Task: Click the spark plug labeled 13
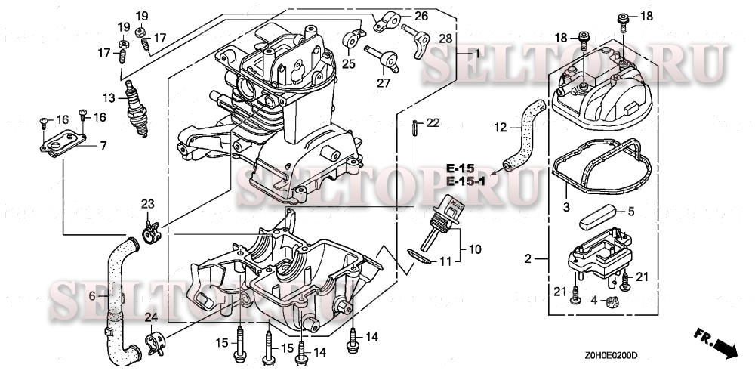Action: click(136, 107)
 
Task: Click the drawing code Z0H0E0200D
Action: click(611, 355)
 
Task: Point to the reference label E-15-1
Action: click(464, 181)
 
